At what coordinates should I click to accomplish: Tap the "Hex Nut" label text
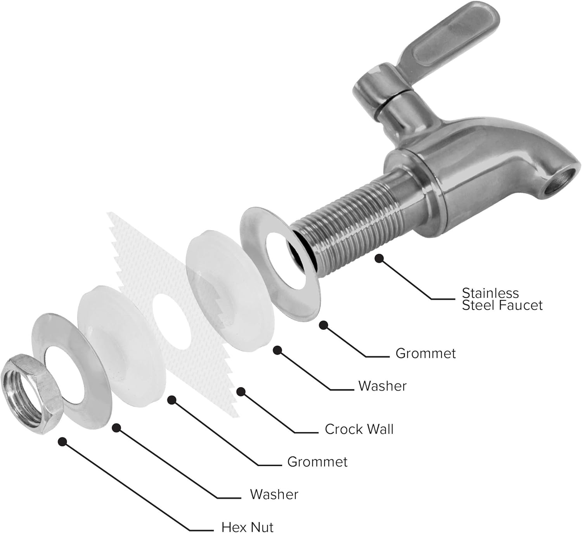[247, 526]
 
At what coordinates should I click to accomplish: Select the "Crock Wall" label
[359, 429]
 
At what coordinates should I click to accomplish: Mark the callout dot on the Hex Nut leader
[62, 441]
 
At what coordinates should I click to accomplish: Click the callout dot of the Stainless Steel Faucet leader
[379, 258]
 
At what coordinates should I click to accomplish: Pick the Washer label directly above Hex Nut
[274, 494]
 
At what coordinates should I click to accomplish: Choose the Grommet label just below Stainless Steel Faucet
[425, 353]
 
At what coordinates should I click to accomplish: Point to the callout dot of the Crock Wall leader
[241, 392]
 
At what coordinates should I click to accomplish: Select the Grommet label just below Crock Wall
[317, 462]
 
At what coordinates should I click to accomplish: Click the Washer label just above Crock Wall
[382, 386]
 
